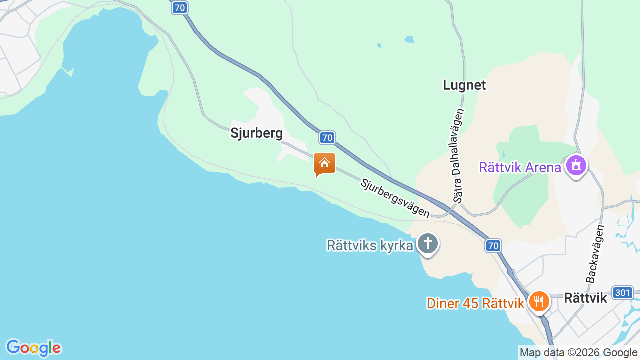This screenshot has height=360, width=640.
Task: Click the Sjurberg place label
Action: coord(256,133)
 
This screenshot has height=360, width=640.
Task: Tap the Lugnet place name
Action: coord(464,85)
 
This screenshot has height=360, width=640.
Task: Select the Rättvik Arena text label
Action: coord(520,167)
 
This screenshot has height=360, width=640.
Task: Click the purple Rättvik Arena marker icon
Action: coord(576,165)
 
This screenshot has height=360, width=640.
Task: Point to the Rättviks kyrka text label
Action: coord(370,246)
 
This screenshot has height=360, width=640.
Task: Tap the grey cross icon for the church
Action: coord(428,244)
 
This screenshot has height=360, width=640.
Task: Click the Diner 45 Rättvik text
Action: coord(475,303)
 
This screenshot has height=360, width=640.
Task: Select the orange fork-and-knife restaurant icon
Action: coord(539,301)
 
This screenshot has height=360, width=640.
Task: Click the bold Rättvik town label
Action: coord(585,298)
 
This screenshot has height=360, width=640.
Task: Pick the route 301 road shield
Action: coord(623,293)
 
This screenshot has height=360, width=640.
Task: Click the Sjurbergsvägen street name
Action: coord(395,198)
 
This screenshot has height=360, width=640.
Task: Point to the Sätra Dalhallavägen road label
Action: coord(458,155)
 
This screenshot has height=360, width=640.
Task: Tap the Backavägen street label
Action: coord(595,254)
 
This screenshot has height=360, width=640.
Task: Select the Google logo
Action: coord(33,348)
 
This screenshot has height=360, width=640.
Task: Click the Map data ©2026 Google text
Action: coord(578,353)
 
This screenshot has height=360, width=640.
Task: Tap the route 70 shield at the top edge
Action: coord(180,8)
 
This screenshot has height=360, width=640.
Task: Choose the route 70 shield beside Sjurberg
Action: coord(327,138)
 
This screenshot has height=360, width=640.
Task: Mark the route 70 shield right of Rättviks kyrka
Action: coord(493,246)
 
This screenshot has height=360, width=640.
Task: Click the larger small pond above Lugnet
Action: coord(409,39)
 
